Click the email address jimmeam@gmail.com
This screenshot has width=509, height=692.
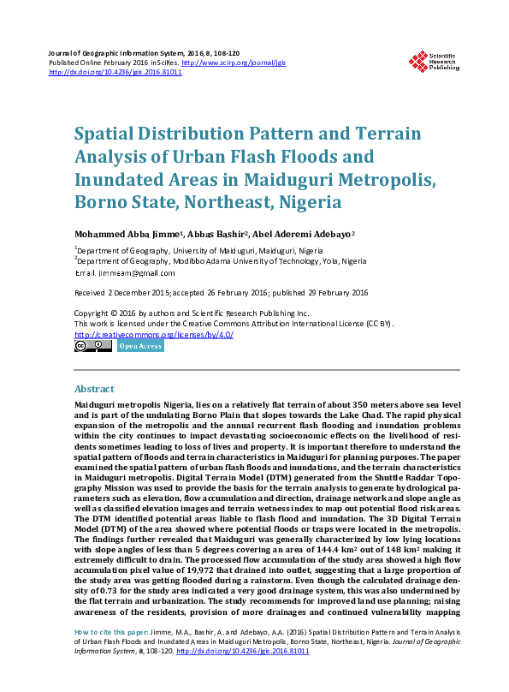(x=137, y=273)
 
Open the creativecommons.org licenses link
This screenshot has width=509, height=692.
(x=154, y=334)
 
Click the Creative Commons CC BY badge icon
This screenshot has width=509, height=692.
(x=92, y=346)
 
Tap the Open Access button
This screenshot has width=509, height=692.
(x=140, y=346)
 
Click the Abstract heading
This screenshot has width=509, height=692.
(x=94, y=388)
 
